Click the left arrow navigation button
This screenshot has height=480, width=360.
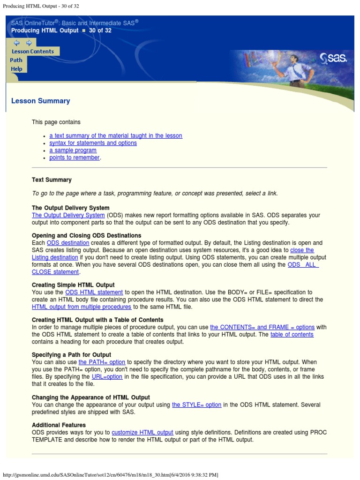click(17, 43)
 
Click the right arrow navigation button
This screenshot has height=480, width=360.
click(28, 43)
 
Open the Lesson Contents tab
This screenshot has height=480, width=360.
click(33, 52)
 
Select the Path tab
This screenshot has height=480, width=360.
click(16, 60)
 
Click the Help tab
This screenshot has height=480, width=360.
click(16, 69)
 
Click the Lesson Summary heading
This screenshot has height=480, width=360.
click(40, 101)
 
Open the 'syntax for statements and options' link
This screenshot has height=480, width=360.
click(93, 143)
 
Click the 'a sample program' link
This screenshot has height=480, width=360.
click(73, 150)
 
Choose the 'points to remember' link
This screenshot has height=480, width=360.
click(74, 158)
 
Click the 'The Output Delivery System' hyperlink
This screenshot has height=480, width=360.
click(68, 215)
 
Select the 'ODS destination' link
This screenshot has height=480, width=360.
click(68, 243)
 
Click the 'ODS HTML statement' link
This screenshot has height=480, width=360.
click(94, 292)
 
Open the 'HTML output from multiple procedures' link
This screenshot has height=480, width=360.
click(82, 307)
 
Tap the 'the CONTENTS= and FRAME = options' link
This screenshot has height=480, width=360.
click(262, 327)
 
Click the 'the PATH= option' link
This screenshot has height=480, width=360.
click(102, 362)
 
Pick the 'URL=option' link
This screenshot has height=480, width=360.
click(107, 377)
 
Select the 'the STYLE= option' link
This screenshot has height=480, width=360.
click(196, 405)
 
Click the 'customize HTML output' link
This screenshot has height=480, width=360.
click(142, 433)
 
